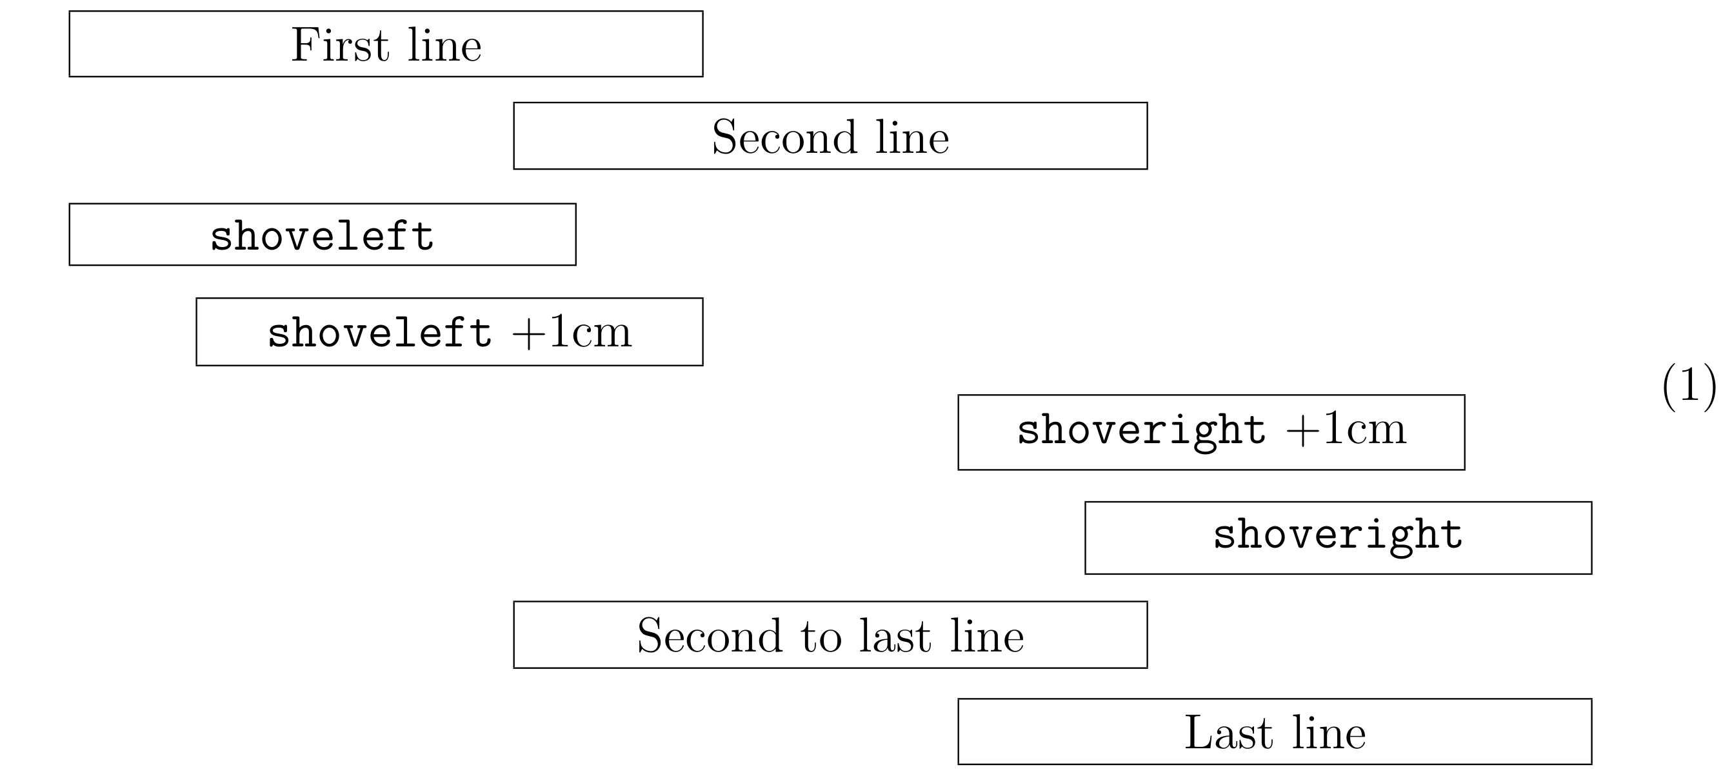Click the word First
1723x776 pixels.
(339, 46)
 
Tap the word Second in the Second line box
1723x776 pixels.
(784, 138)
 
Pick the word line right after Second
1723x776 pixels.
(912, 138)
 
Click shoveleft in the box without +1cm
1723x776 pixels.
(322, 236)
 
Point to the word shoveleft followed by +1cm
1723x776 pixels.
(379, 332)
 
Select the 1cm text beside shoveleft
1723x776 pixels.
(590, 332)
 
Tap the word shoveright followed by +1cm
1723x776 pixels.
(1141, 430)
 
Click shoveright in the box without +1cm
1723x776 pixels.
(1338, 535)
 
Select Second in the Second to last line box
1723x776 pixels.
(709, 635)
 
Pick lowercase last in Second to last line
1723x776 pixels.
(894, 635)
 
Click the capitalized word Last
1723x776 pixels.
(1228, 733)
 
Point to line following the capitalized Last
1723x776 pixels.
(1329, 733)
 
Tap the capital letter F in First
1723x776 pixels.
(303, 46)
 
